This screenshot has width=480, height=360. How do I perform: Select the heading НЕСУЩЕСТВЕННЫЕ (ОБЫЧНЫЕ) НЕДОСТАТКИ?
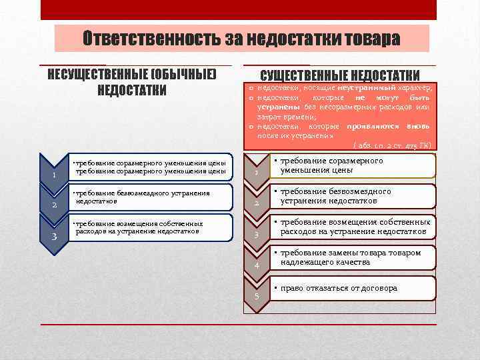pyautogui.click(x=132, y=81)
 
